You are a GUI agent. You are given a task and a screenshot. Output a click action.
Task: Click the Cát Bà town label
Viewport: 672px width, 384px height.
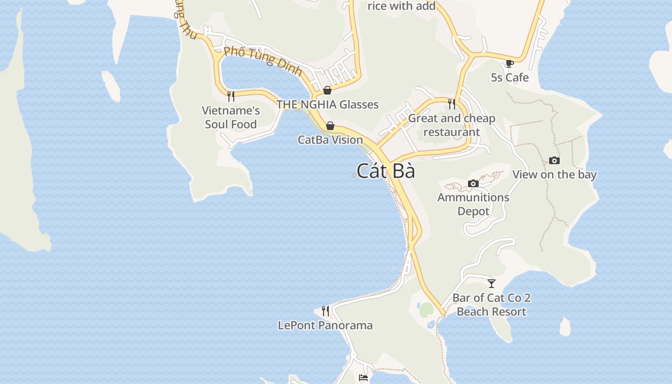point(386,171)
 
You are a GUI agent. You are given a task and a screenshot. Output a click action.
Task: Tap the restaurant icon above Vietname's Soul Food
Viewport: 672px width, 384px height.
point(231,96)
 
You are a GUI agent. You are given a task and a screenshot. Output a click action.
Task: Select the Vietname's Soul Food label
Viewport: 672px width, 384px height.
point(231,118)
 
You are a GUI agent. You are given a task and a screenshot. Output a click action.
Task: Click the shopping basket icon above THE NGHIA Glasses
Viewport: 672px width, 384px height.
point(327,90)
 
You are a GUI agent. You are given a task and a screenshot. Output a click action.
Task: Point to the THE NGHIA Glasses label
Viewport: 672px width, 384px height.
point(327,105)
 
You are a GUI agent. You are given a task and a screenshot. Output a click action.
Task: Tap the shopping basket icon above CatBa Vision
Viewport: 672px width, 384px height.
point(330,126)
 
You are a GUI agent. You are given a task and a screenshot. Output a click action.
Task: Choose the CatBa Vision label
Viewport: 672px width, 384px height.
point(330,140)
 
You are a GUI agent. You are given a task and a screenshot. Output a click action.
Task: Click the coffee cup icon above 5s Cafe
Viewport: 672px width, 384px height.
point(510,63)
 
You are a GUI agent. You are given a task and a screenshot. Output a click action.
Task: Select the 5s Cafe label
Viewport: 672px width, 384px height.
point(510,77)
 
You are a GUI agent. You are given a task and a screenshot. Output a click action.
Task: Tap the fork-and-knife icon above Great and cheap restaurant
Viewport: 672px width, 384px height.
point(452,104)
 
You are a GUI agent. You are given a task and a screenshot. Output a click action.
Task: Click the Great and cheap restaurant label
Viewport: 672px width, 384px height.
point(452,125)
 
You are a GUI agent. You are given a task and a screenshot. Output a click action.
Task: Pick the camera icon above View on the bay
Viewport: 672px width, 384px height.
point(554,160)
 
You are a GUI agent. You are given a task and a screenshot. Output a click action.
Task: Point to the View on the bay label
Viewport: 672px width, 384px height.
point(554,174)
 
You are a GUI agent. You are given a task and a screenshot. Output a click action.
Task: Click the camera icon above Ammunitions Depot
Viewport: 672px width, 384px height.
point(473,183)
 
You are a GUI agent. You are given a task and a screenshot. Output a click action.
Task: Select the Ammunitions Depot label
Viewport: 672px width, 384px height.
point(473,204)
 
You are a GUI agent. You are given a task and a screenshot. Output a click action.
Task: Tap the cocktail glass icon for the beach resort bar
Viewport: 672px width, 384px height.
point(492,283)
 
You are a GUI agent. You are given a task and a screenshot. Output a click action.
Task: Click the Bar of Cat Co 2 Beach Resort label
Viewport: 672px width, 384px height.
point(492,305)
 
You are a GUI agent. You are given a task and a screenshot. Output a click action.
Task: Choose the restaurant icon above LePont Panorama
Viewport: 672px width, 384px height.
point(325,311)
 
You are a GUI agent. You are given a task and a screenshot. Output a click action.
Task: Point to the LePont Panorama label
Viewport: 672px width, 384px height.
point(325,325)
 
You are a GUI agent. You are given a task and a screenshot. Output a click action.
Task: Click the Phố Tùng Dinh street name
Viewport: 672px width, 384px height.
point(263,61)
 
